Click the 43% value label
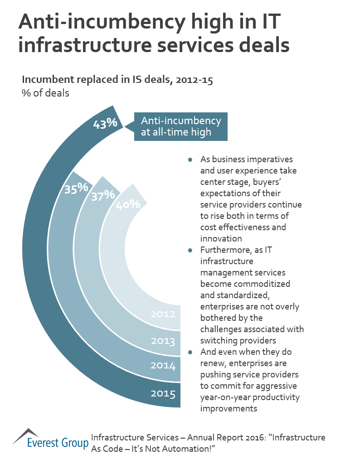(x=105, y=123)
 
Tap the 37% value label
(x=103, y=196)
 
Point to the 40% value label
(x=128, y=204)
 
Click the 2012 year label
(x=163, y=313)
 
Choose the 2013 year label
(x=163, y=340)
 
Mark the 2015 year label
(x=163, y=393)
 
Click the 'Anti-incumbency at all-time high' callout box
(x=181, y=126)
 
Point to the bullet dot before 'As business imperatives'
(x=190, y=159)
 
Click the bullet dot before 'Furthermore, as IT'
(x=190, y=250)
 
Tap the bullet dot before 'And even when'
(x=190, y=352)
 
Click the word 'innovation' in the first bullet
(x=221, y=238)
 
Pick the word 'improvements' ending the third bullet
(x=229, y=408)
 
